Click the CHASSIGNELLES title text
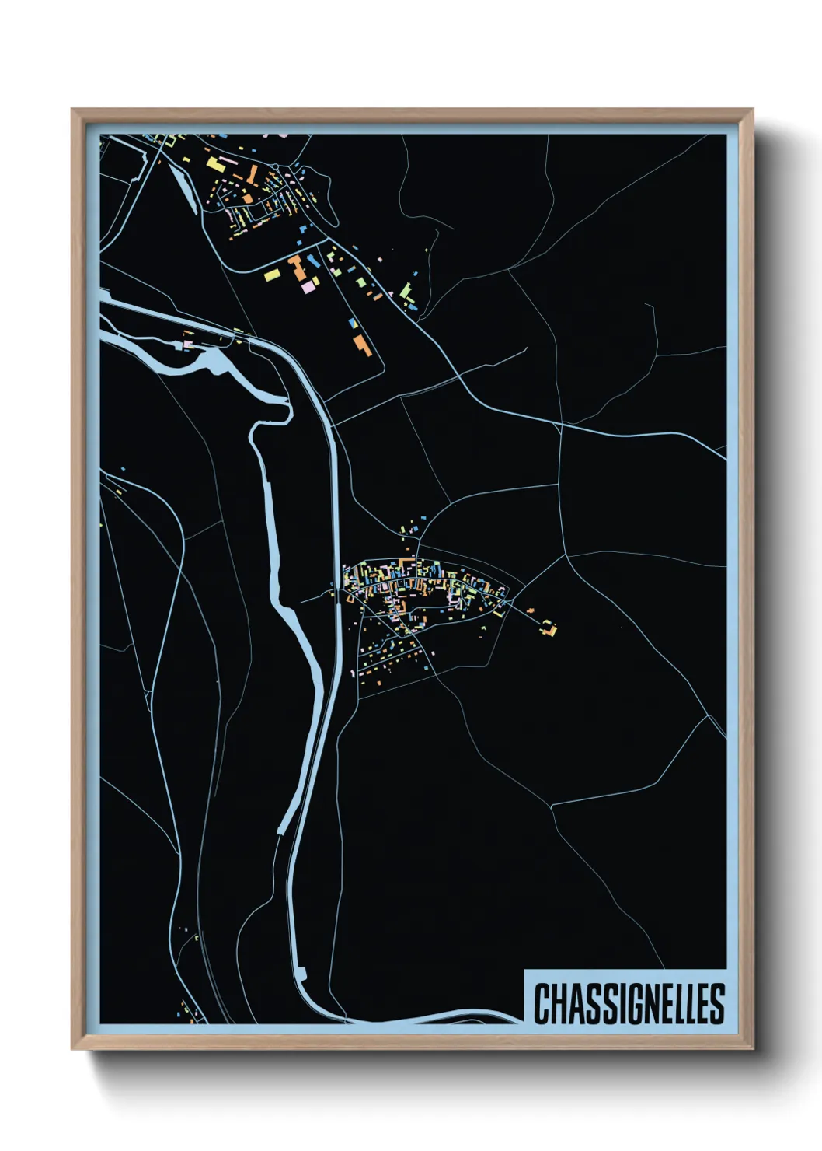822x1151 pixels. [x=629, y=1003]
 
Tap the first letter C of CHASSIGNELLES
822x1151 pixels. [x=541, y=1003]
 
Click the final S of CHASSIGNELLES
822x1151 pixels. [x=717, y=1003]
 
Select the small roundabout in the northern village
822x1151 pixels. [x=275, y=166]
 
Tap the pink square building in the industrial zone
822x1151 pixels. [x=308, y=286]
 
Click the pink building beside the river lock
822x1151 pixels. [x=187, y=343]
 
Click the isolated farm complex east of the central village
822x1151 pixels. [x=550, y=628]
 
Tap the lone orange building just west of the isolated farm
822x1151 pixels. [x=531, y=610]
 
